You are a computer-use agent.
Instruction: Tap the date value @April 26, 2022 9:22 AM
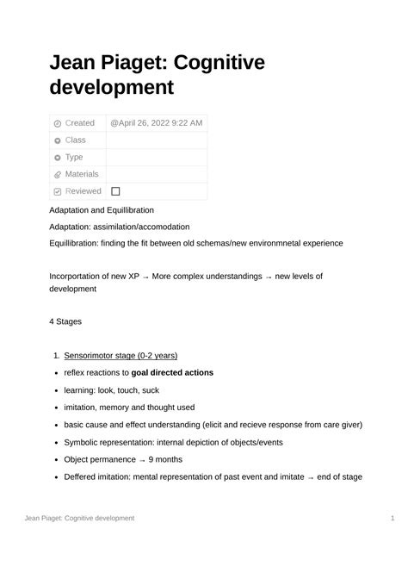(157, 123)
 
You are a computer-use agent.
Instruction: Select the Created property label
(80, 123)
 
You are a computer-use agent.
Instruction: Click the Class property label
(76, 140)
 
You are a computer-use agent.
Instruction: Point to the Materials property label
(82, 174)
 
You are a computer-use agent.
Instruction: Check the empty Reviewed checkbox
(115, 191)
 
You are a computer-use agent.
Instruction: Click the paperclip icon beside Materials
(58, 174)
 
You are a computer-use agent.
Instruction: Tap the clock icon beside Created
(58, 123)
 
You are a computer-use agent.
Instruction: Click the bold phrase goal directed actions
(172, 373)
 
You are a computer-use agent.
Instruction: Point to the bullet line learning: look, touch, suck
(112, 390)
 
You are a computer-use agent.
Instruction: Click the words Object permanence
(99, 459)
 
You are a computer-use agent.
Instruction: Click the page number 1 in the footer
(392, 518)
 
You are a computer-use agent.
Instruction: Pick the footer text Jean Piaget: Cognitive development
(79, 518)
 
